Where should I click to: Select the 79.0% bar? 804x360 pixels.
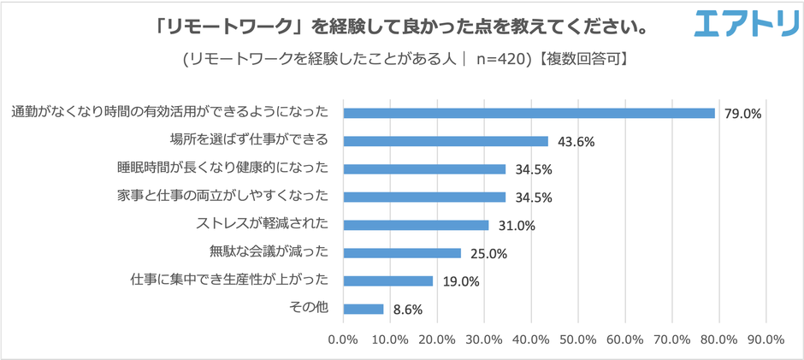click(529, 113)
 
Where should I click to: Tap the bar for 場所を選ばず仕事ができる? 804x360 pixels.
click(446, 141)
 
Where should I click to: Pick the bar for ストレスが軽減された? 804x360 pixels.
click(416, 225)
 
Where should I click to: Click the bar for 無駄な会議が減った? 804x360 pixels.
click(402, 252)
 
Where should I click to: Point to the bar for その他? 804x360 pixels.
click(364, 309)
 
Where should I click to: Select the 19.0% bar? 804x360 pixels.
click(387, 280)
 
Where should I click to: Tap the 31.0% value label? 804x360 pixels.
click(516, 226)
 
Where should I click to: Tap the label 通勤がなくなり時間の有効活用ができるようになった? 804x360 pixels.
click(171, 113)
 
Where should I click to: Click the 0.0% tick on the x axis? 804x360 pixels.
click(343, 339)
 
